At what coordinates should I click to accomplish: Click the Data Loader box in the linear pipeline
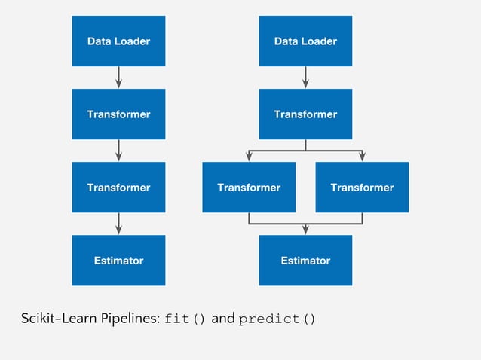(118, 41)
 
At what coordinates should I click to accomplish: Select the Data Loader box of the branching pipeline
(305, 41)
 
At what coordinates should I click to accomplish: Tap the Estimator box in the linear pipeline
(118, 261)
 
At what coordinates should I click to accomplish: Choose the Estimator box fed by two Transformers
(305, 261)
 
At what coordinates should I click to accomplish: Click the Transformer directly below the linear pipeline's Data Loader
(118, 114)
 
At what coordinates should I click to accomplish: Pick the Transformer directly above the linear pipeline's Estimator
(118, 188)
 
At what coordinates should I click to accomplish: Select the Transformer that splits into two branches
(305, 114)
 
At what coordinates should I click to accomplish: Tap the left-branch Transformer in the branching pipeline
(249, 188)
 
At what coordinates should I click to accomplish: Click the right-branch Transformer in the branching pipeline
(362, 188)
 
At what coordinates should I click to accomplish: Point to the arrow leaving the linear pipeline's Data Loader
(118, 78)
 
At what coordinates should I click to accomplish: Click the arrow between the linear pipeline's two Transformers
(118, 151)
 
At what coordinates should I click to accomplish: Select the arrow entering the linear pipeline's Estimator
(118, 224)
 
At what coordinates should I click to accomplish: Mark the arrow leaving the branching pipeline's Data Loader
(305, 78)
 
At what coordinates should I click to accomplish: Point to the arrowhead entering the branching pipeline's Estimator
(305, 230)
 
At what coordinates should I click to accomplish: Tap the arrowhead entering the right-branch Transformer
(362, 157)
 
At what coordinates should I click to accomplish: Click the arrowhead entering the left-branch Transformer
(249, 157)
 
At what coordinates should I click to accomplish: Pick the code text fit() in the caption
(185, 319)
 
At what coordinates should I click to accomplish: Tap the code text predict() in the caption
(277, 319)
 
